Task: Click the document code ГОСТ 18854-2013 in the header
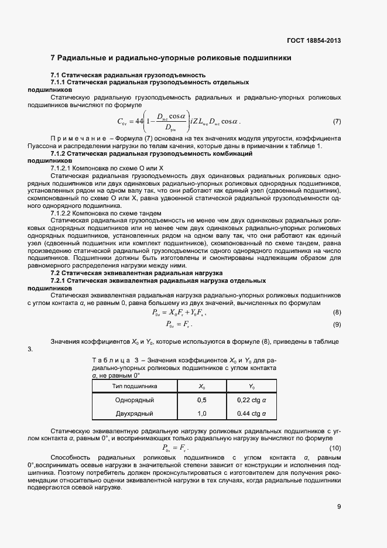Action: pyautogui.click(x=313, y=40)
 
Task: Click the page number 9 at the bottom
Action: pyautogui.click(x=338, y=507)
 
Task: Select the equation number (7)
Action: pyautogui.click(x=337, y=121)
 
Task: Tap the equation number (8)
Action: pyautogui.click(x=337, y=312)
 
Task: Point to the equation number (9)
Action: pyautogui.click(x=337, y=324)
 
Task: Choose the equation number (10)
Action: pyautogui.click(x=335, y=448)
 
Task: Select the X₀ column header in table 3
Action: pyautogui.click(x=202, y=386)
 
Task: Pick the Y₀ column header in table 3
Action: pyautogui.click(x=251, y=386)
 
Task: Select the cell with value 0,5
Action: pyautogui.click(x=202, y=400)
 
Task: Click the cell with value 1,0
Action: pyautogui.click(x=202, y=413)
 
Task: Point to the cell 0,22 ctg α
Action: pyautogui.click(x=251, y=400)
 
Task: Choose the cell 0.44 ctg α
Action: pyautogui.click(x=251, y=413)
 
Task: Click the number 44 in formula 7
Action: pyautogui.click(x=139, y=122)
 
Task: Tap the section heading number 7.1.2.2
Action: pyautogui.click(x=63, y=213)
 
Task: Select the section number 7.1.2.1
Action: pyautogui.click(x=63, y=168)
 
